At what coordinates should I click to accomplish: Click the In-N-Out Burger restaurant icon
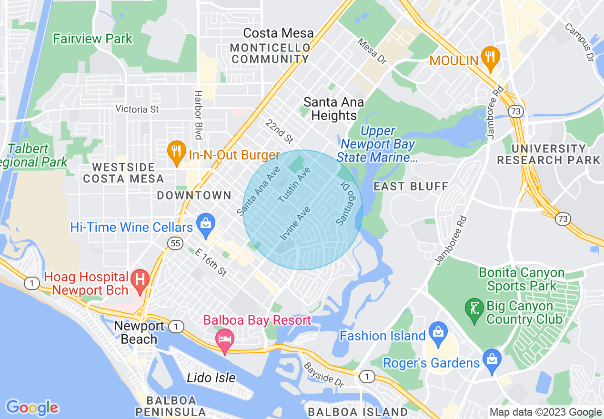click(177, 152)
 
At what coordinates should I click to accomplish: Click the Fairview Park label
click(93, 39)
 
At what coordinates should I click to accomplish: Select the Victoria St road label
click(137, 109)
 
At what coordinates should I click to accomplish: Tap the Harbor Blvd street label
click(198, 115)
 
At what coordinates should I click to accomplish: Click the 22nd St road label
click(279, 131)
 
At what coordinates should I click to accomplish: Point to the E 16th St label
click(211, 262)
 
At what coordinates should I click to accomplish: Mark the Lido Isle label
click(211, 378)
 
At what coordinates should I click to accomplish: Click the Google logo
click(32, 408)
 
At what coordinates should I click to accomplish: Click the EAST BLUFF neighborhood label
click(411, 186)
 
